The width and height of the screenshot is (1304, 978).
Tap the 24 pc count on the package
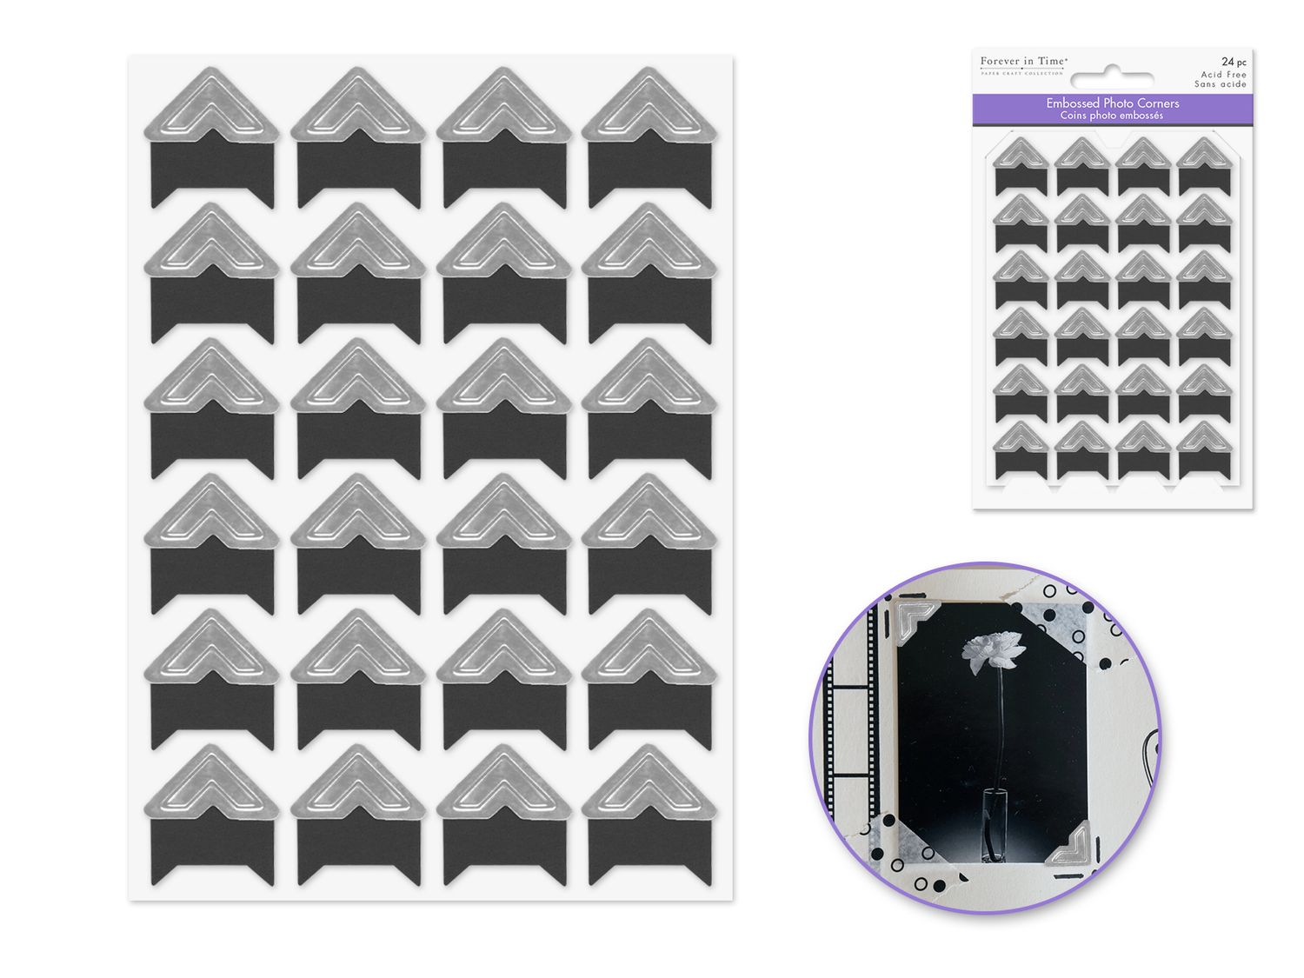pos(1233,62)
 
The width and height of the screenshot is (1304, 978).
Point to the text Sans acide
pos(1221,84)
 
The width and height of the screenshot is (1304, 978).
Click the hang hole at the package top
pos(1114,71)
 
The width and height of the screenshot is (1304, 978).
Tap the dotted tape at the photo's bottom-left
pos(895,842)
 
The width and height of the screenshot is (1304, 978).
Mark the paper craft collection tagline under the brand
pos(1021,74)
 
